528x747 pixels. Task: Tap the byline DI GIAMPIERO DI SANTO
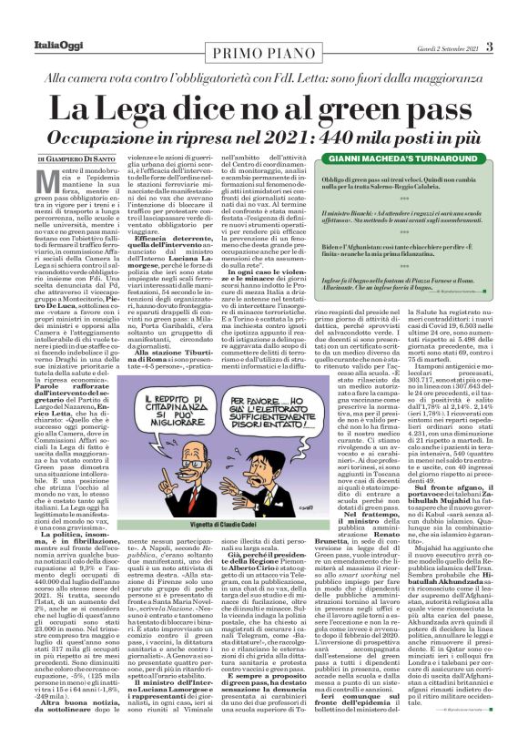point(77,160)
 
